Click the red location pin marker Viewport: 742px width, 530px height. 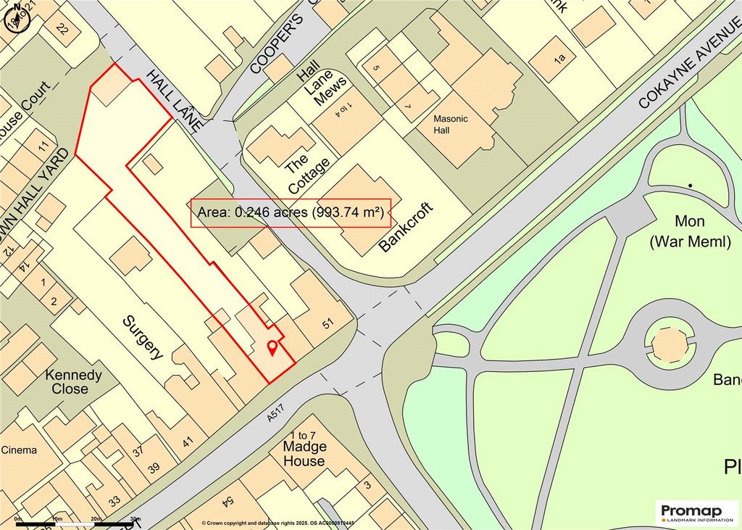pyautogui.click(x=272, y=348)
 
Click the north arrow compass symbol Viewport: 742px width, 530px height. pyautogui.click(x=16, y=15)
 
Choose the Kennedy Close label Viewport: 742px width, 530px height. pyautogui.click(x=73, y=381)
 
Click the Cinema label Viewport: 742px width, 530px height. pyautogui.click(x=18, y=450)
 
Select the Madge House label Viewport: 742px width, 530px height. pyautogui.click(x=304, y=454)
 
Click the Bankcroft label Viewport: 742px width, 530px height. pyautogui.click(x=405, y=228)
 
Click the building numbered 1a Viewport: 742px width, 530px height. pyautogui.click(x=558, y=57)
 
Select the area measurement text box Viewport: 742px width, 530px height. pyautogui.click(x=291, y=213)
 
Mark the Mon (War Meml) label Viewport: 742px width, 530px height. pyautogui.click(x=690, y=232)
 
